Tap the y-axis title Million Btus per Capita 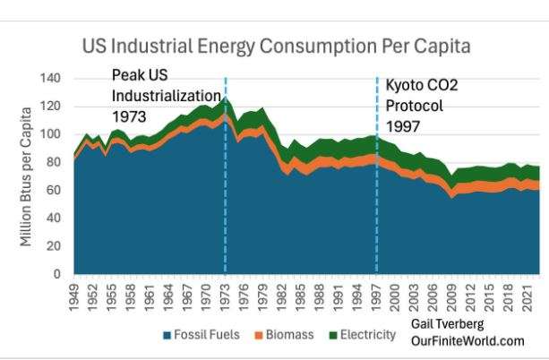tap(27, 176)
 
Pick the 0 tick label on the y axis tap(57, 273)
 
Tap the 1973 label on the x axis tap(226, 296)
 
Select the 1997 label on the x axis tap(376, 296)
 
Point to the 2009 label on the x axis tap(451, 296)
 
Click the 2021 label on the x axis tap(526, 296)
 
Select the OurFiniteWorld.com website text tap(467, 341)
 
